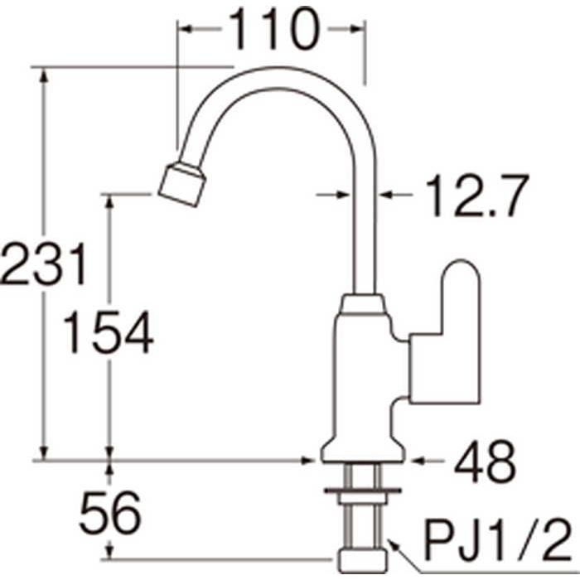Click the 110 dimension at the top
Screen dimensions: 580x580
[x=273, y=29]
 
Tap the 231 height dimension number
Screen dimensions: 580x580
[x=43, y=264]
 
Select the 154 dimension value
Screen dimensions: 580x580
[x=108, y=331]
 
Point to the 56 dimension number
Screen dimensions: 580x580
[x=110, y=512]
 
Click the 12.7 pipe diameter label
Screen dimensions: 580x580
[x=476, y=196]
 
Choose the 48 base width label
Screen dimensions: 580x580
[x=485, y=462]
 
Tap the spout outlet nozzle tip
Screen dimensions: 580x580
[x=182, y=184]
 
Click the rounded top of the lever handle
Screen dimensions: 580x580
[x=461, y=273]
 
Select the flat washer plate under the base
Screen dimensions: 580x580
[x=363, y=491]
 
